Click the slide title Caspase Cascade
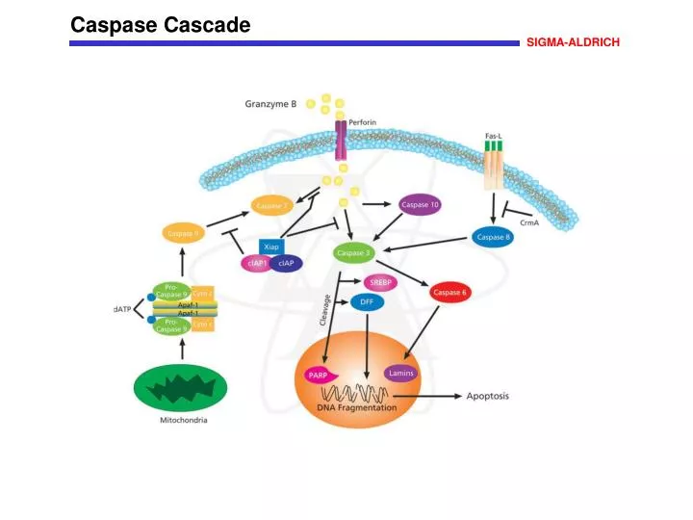click(x=161, y=26)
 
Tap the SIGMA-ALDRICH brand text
click(x=573, y=42)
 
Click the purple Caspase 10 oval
click(x=420, y=205)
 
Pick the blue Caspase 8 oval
click(x=494, y=236)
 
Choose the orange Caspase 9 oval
click(x=183, y=233)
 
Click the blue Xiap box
click(x=271, y=247)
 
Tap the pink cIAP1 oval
click(x=256, y=264)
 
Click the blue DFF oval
click(x=366, y=302)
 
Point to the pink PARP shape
click(x=319, y=375)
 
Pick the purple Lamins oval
click(x=400, y=373)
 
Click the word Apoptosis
click(x=487, y=396)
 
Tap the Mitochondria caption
click(x=183, y=421)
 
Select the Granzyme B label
click(x=270, y=104)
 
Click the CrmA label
click(x=529, y=222)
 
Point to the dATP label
click(x=123, y=308)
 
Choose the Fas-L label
click(x=493, y=136)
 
